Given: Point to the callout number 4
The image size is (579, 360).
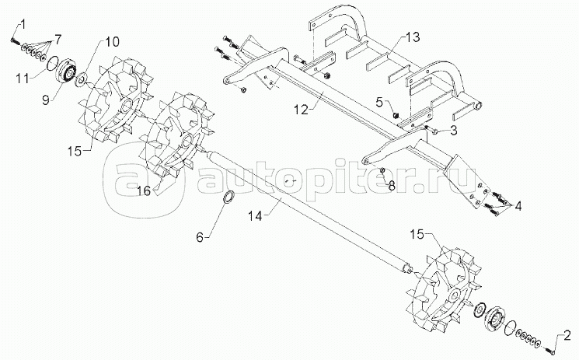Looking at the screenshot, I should point(518,206).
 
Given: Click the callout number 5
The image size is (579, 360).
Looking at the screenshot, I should point(379,101).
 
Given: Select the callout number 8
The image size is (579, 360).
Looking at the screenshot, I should point(392,184).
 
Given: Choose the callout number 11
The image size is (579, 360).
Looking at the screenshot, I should point(24,77).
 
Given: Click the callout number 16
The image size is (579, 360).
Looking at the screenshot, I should point(144,190).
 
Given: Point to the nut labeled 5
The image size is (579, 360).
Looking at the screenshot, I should point(396,114).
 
